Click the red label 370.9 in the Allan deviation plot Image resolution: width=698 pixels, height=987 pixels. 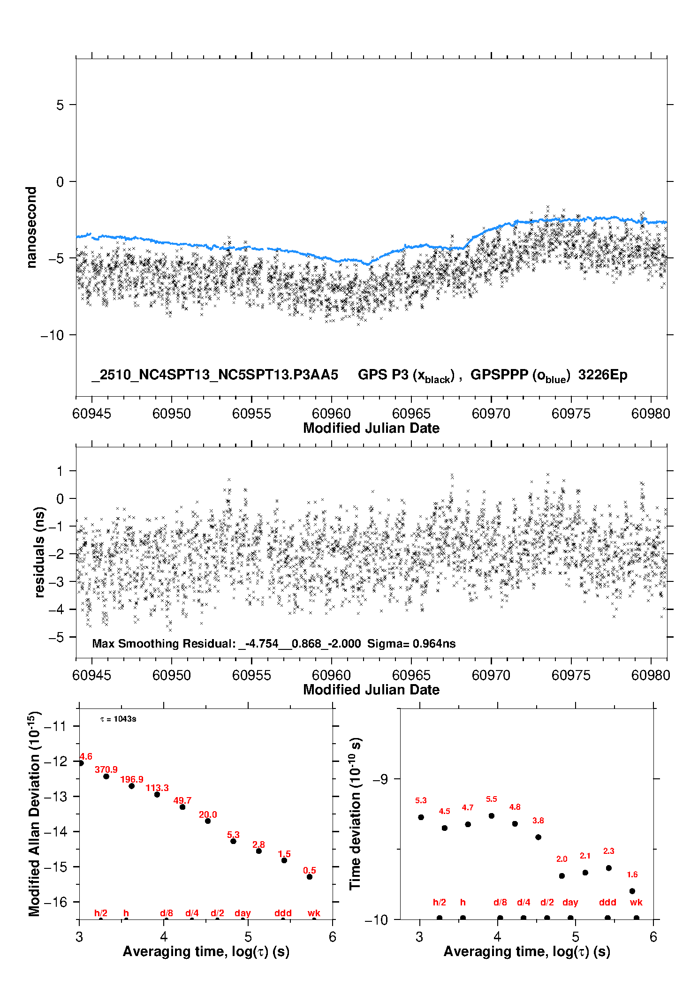point(106,770)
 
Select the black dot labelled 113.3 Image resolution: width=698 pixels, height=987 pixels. point(157,794)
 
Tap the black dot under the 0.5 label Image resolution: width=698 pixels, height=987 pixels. point(310,877)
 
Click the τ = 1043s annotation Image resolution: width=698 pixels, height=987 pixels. point(118,719)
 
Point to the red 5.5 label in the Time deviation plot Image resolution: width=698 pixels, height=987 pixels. point(491,799)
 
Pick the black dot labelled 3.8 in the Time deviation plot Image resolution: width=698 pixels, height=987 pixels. point(538,837)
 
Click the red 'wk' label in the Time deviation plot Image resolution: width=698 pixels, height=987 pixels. point(636,902)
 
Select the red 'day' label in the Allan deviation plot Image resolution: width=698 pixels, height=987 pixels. point(243,913)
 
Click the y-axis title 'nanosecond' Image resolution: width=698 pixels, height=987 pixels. point(31,227)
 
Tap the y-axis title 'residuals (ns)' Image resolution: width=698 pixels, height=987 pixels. point(39,552)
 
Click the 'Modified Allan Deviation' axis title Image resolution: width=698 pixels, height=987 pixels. point(34,814)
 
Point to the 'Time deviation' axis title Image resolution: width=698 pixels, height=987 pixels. point(355,814)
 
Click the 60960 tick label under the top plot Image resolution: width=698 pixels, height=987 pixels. point(331,414)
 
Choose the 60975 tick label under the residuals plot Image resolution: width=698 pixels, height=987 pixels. point(571,675)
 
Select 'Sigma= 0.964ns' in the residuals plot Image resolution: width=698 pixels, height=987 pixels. point(411,644)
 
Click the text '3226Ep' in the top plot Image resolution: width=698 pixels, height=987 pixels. point(603,375)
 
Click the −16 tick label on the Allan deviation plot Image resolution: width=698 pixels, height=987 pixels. point(55,902)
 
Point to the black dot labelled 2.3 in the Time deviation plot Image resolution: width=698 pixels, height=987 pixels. point(608,868)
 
